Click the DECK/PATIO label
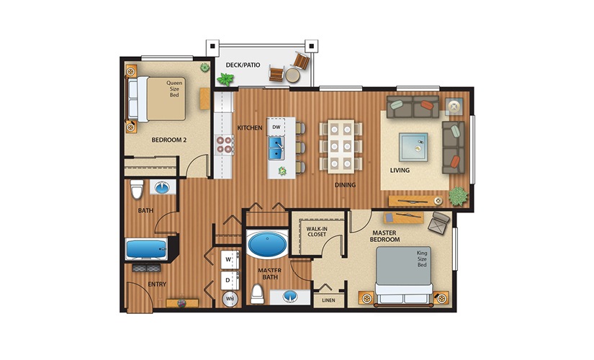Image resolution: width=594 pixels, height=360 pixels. pyautogui.click(x=243, y=65)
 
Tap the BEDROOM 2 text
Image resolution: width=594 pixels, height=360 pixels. pyautogui.click(x=169, y=140)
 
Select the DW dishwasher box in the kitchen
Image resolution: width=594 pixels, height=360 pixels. pyautogui.click(x=276, y=127)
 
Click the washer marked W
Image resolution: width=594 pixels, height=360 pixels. pyautogui.click(x=228, y=258)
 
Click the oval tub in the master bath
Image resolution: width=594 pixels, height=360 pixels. pyautogui.click(x=266, y=244)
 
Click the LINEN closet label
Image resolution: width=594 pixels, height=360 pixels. pyautogui.click(x=328, y=300)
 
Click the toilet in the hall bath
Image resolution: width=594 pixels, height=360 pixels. pyautogui.click(x=136, y=189)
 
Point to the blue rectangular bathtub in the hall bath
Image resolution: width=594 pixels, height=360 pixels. pyautogui.click(x=147, y=250)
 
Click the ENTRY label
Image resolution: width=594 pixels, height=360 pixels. pyautogui.click(x=157, y=284)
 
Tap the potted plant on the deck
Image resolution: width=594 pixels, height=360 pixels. pyautogui.click(x=205, y=68)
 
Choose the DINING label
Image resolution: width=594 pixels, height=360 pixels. pyautogui.click(x=346, y=184)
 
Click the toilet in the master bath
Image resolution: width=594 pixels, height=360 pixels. pyautogui.click(x=256, y=294)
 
